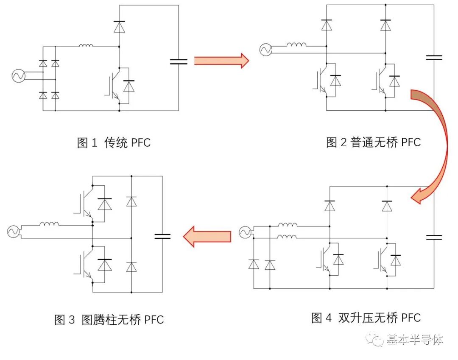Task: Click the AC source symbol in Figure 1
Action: point(19,76)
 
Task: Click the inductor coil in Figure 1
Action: point(86,45)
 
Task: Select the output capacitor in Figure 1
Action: point(178,61)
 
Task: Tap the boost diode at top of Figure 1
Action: point(119,26)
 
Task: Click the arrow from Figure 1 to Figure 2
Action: point(221,60)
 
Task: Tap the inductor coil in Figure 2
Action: point(297,45)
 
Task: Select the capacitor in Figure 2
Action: point(434,57)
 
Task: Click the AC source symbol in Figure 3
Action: point(14,231)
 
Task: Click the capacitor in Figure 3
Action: point(162,236)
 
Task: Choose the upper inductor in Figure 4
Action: point(288,225)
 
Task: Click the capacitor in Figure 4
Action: point(434,237)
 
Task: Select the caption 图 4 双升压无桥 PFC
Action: point(366,318)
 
